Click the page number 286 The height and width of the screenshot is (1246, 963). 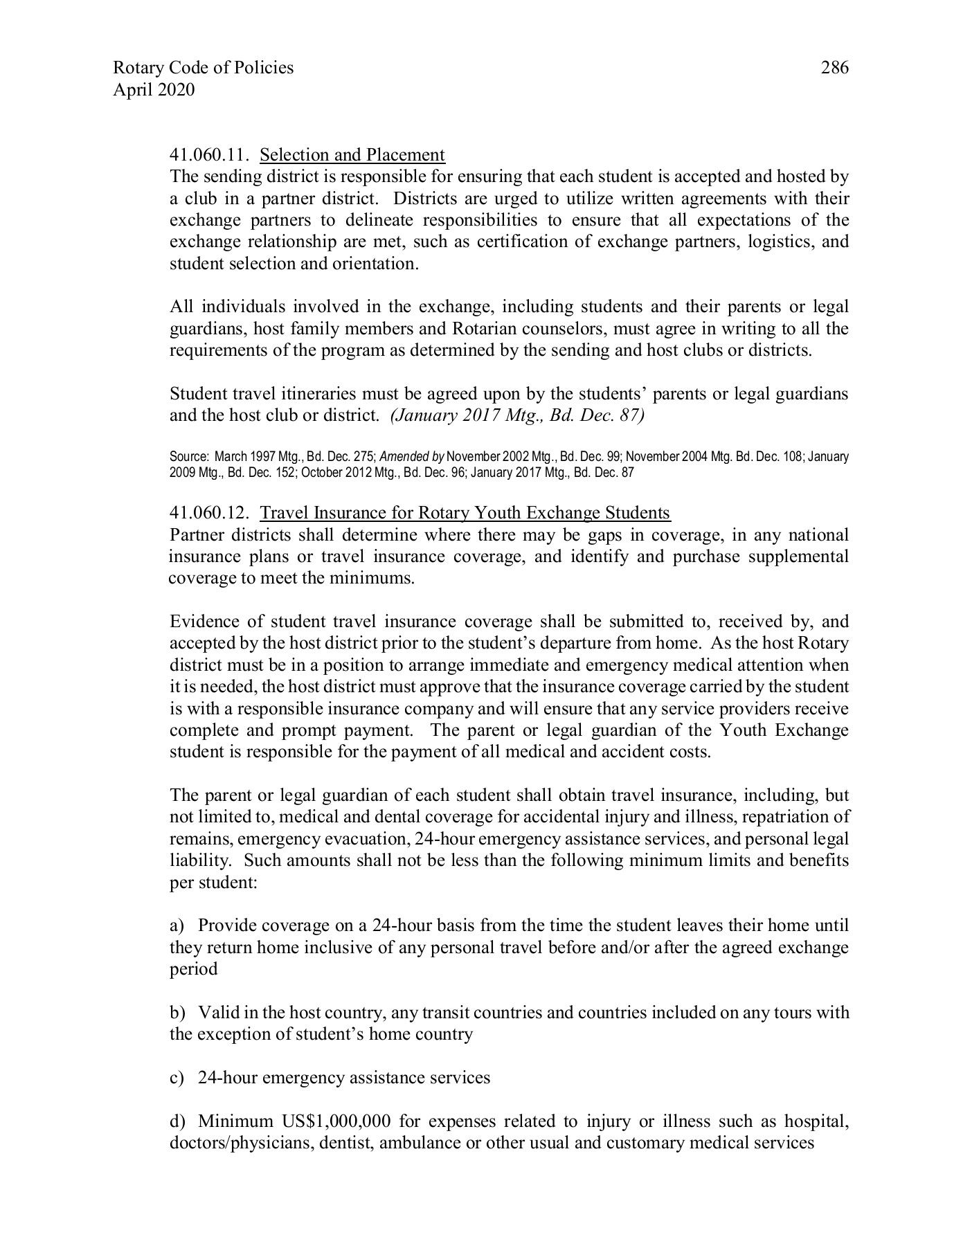[x=834, y=68]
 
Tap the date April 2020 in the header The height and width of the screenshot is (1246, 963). [x=153, y=90]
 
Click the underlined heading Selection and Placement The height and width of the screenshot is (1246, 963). [x=352, y=155]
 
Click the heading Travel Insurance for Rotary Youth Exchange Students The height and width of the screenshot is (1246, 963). [x=465, y=513]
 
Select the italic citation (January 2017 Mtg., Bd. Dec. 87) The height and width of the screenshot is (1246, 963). [x=518, y=416]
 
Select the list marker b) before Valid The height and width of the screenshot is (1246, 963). [x=178, y=1013]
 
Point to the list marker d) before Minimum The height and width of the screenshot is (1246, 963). [x=178, y=1121]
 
